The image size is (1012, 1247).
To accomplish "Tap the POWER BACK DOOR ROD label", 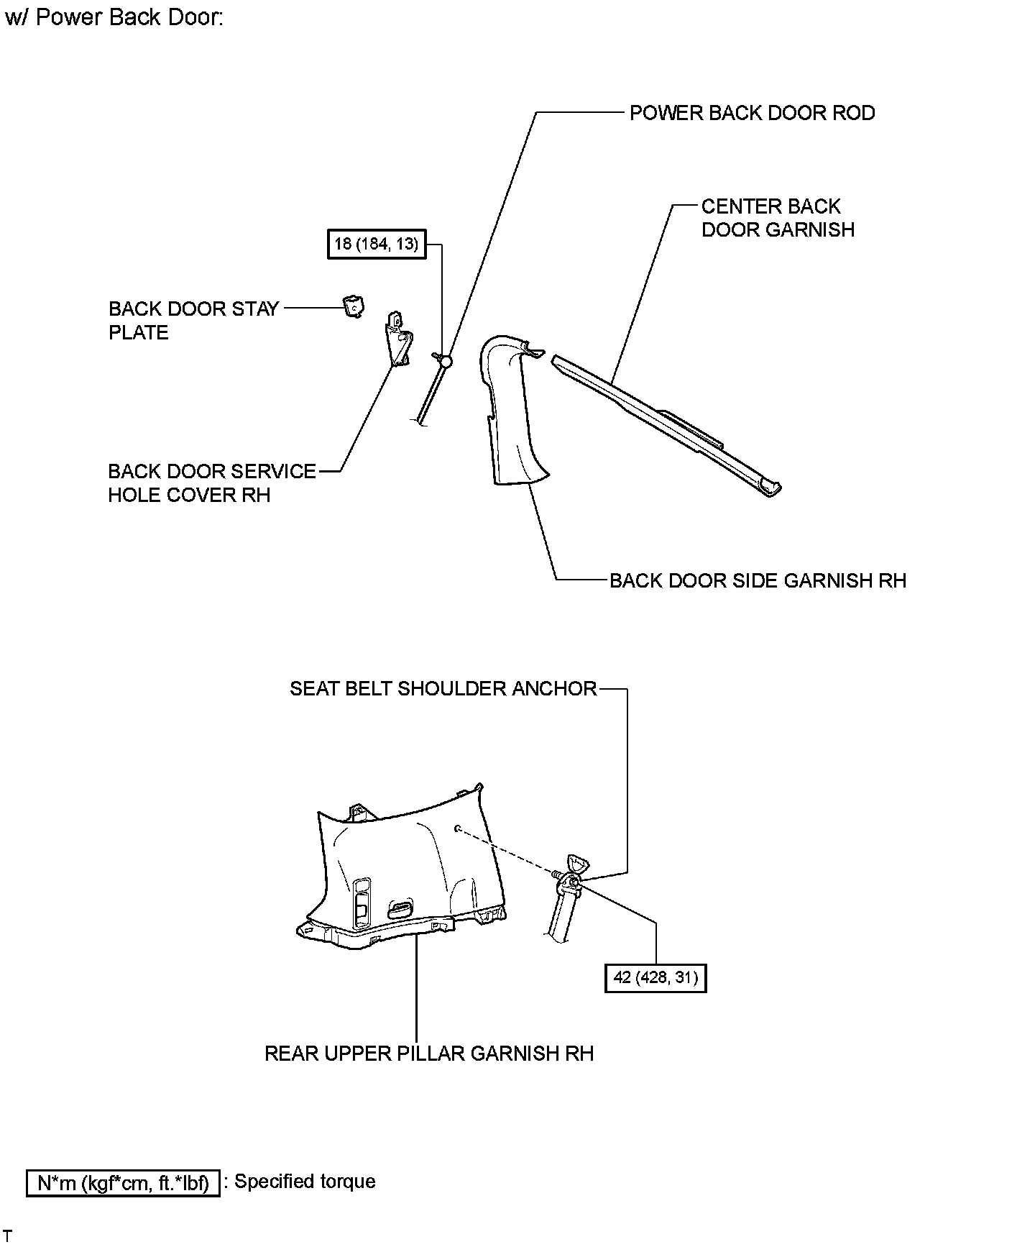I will pos(752,113).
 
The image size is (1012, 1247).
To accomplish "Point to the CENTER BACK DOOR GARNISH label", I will pos(777,218).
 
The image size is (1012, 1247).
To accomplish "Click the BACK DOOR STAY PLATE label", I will pos(193,320).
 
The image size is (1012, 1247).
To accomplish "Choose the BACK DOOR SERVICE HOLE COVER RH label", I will pos(211,483).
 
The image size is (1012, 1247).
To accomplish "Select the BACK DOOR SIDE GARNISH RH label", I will pos(758,580).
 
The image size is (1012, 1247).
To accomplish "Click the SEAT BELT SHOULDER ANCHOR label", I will pos(443,688).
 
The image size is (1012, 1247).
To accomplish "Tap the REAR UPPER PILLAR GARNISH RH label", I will pos(429,1054).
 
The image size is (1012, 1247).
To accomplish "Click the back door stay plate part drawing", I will pos(353,306).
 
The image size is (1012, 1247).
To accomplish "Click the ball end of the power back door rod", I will pos(446,361).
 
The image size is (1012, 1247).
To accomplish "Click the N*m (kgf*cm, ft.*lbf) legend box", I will pos(122,1183).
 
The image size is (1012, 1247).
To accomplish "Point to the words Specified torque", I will pos(305,1182).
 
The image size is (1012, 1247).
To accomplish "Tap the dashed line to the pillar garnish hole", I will pos(507,850).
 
